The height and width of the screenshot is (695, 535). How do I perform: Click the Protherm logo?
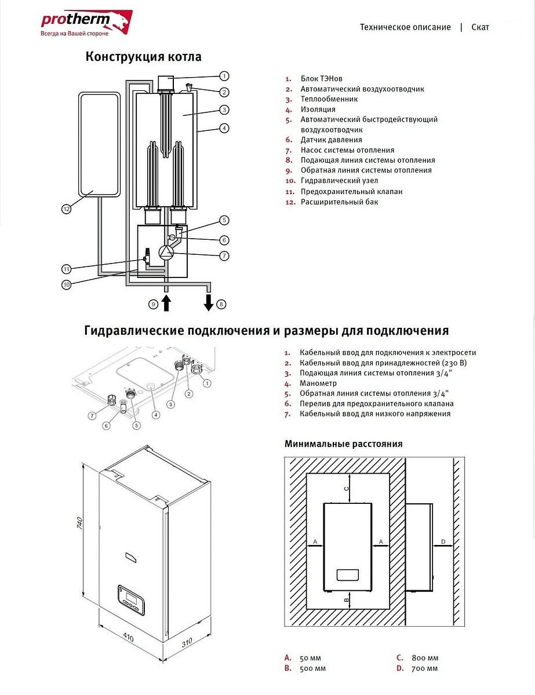(x=86, y=23)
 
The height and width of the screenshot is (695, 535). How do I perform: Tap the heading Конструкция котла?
(x=144, y=57)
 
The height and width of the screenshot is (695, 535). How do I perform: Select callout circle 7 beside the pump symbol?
(x=224, y=255)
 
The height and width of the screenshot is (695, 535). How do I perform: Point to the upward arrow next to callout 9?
(x=166, y=303)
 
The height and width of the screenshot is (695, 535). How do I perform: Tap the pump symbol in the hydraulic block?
(x=166, y=252)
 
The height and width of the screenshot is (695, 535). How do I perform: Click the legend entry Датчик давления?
(x=331, y=140)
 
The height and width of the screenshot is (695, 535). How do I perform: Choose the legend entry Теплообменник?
(x=329, y=99)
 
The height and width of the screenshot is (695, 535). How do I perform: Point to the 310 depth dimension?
(x=185, y=643)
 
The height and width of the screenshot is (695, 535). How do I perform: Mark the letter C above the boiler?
(x=347, y=488)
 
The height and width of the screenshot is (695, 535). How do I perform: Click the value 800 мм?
(x=425, y=658)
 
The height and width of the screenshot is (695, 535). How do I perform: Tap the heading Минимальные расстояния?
(x=343, y=444)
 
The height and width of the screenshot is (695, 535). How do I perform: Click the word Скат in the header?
(x=480, y=27)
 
